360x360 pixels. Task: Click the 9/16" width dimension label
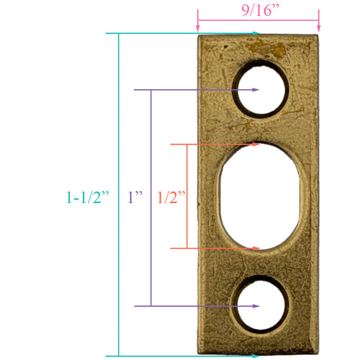point(258,11)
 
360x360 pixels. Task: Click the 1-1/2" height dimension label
point(87,197)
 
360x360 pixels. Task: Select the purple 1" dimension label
point(135,197)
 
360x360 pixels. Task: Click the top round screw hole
point(261,90)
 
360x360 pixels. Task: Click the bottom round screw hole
point(261,307)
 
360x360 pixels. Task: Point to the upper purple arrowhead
point(255,90)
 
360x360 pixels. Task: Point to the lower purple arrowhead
point(255,307)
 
